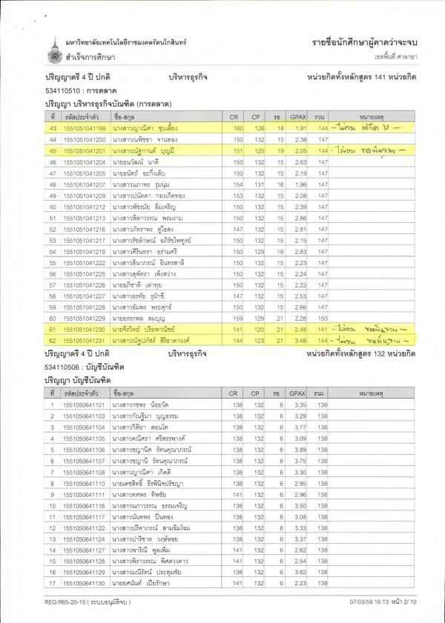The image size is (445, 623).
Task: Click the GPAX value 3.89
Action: [300, 450]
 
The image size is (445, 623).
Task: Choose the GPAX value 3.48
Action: [300, 340]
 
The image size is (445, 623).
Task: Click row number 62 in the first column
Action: [53, 340]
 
